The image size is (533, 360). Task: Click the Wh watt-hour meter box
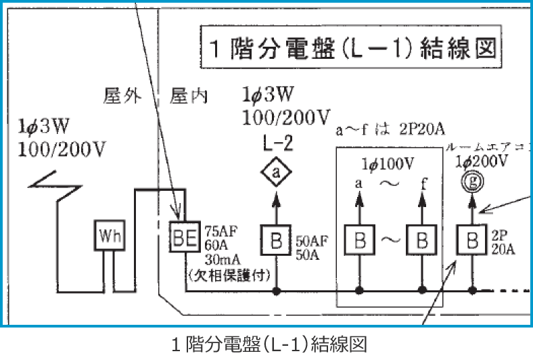point(108,237)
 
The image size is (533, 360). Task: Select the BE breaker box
point(183,237)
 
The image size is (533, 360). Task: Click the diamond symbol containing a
point(276,174)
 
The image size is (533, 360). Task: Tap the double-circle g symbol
point(471,182)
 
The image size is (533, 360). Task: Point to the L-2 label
point(275,143)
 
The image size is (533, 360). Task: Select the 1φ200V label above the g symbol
point(481,161)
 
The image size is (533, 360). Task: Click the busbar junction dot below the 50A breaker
point(276,291)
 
